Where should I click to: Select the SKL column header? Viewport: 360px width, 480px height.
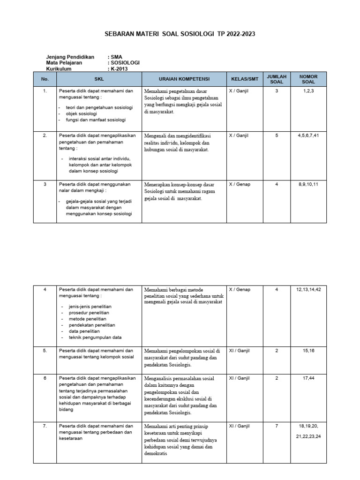99,79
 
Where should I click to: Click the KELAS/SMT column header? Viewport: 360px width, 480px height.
242,79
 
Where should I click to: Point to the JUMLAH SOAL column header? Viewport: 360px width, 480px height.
276,79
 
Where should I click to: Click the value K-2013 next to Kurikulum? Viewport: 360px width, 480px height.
119,69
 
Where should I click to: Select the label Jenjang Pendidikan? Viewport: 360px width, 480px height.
70,57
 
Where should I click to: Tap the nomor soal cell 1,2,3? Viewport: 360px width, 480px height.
308,91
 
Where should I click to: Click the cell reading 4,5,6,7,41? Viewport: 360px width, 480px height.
308,135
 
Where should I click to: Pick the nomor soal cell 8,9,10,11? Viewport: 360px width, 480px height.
308,184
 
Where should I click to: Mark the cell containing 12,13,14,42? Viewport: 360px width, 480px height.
308,290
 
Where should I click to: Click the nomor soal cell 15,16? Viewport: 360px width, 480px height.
308,350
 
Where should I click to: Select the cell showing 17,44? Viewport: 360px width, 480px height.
308,378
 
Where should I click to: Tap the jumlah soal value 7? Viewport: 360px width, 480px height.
277,426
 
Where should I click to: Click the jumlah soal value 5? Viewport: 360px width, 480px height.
277,135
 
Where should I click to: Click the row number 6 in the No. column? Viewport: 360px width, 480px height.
45,378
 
